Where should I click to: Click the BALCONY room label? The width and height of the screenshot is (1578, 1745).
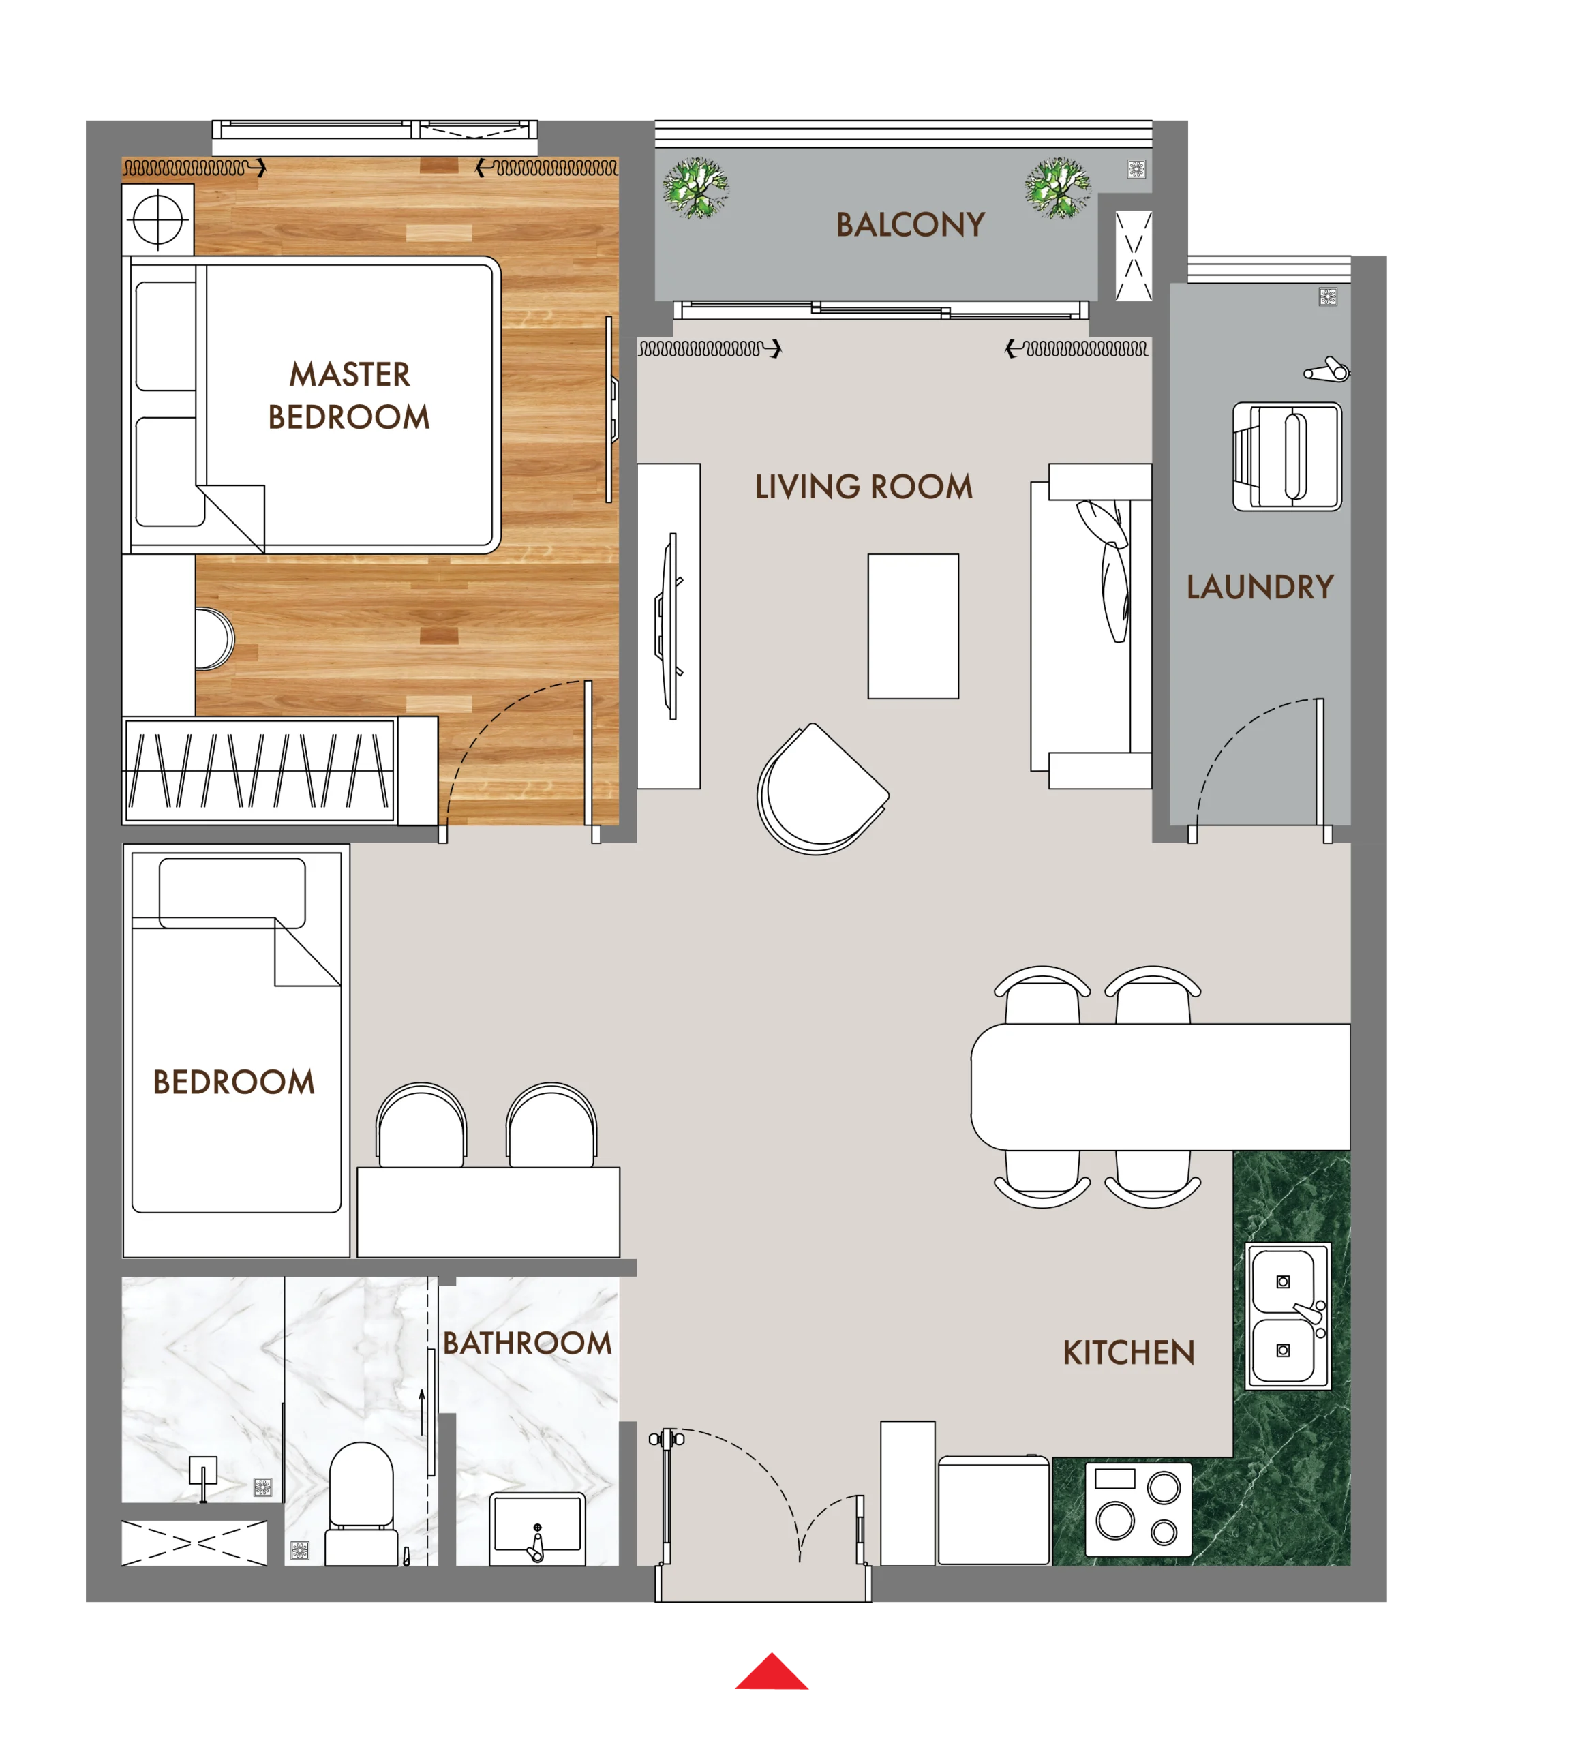910,224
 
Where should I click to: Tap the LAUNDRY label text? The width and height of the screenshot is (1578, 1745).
1260,587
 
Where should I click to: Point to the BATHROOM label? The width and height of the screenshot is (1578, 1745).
526,1343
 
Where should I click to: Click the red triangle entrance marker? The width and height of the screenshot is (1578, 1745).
770,1671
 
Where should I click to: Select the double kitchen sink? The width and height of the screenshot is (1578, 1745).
1286,1316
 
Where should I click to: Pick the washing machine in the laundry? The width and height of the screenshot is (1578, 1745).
1286,456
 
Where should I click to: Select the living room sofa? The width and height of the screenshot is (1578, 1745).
1091,626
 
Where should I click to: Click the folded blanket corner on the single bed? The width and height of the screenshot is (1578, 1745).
307,952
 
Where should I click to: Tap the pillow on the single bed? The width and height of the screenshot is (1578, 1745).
232,892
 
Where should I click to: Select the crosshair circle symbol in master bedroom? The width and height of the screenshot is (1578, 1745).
157,220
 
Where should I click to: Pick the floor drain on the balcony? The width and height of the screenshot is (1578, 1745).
1136,169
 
